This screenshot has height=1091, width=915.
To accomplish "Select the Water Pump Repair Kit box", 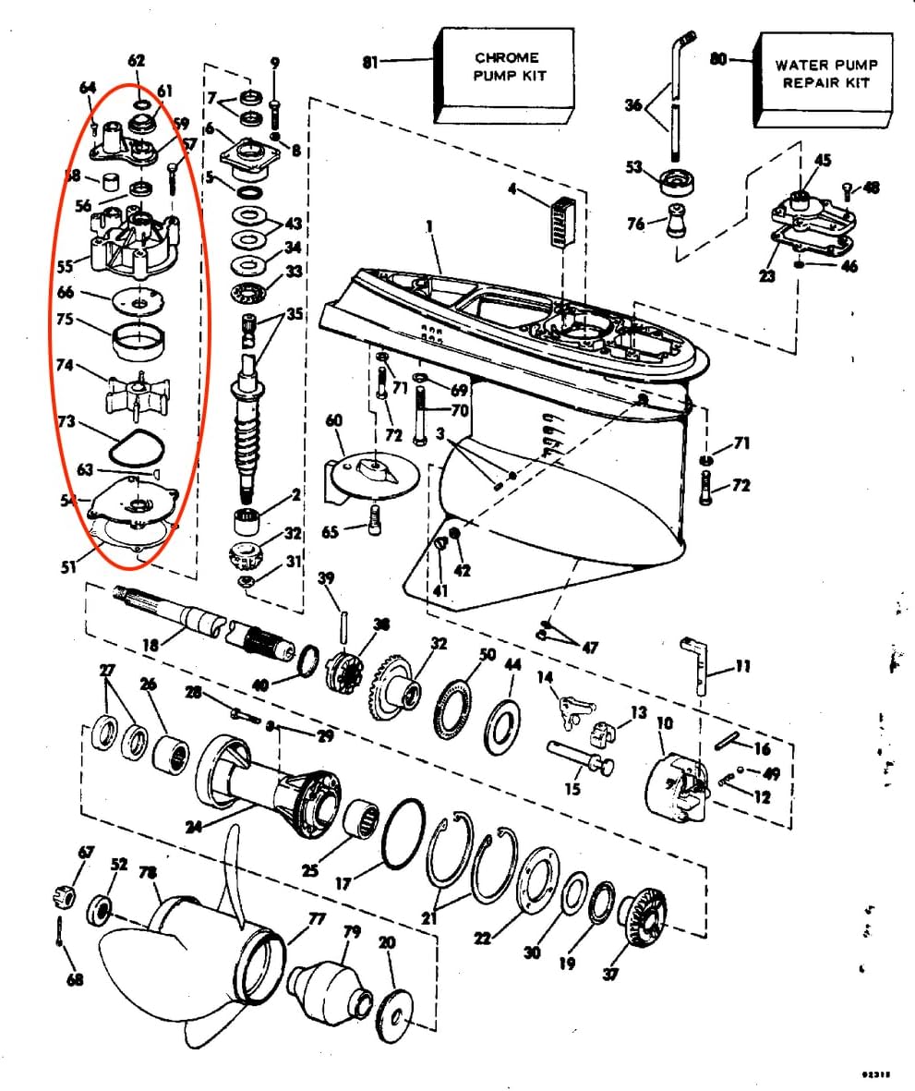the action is pos(825,79).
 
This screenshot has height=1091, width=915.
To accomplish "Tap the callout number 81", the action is pos(370,62).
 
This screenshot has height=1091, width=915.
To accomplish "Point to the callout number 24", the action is pos(193,827).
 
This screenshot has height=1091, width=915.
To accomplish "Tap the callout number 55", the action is pos(65,267).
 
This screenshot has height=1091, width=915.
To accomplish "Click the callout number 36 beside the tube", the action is pos(632,105).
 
